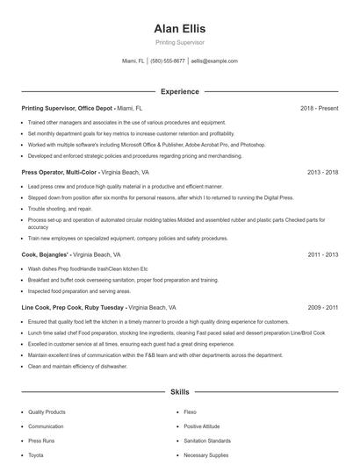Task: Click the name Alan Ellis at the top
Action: [179, 28]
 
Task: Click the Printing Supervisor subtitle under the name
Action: [179, 41]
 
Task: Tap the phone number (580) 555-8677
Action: [168, 61]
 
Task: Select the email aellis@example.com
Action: [214, 61]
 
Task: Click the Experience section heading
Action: [179, 91]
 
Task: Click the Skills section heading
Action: [179, 391]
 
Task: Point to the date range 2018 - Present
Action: [319, 108]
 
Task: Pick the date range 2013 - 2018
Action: [322, 173]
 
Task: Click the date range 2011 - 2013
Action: [322, 254]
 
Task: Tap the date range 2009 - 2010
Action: [322, 308]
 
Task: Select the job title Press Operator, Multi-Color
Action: [59, 173]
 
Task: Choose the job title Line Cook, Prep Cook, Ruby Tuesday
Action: [71, 308]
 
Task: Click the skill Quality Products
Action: [47, 411]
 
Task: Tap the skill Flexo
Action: [190, 411]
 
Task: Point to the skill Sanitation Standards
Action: [207, 440]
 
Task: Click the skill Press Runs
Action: [41, 440]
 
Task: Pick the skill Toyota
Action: [36, 455]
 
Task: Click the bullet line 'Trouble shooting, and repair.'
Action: [60, 209]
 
